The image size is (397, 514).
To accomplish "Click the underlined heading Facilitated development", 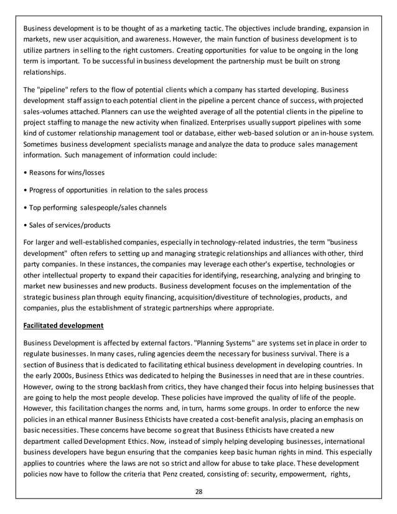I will (62, 325).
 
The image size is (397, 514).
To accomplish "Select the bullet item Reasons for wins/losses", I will (63, 172).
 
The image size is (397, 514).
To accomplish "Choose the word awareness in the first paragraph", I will (178, 39).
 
